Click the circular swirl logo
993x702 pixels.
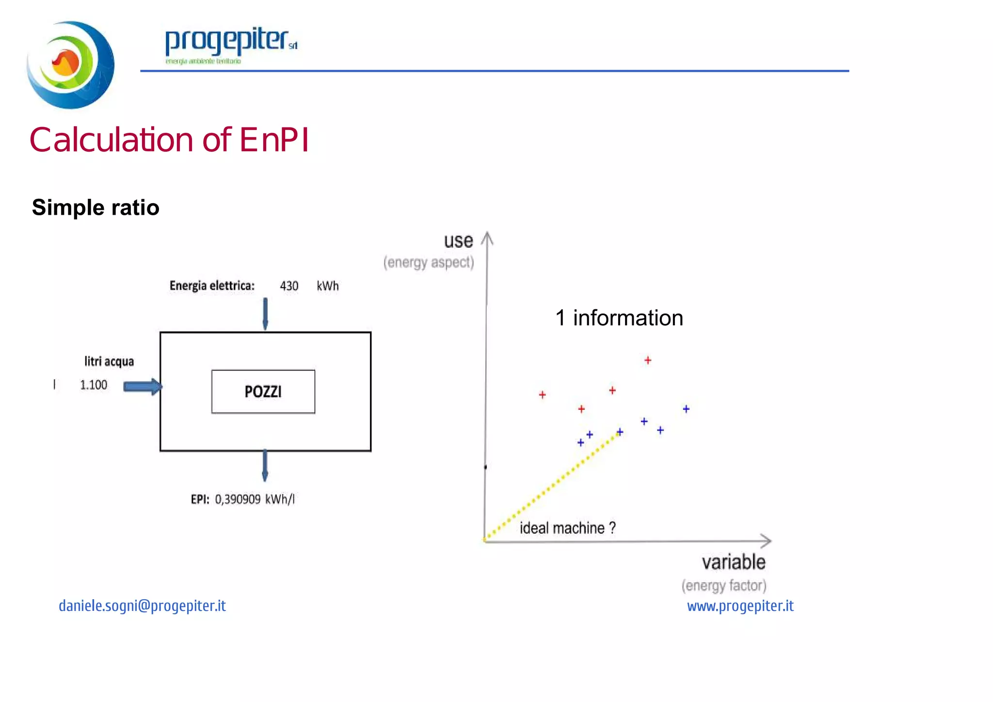click(70, 64)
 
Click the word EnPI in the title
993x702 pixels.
click(274, 140)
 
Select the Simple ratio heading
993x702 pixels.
click(96, 207)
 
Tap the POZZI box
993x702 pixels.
click(263, 392)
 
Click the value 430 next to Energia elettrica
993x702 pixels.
click(289, 286)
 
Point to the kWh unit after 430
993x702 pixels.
click(328, 286)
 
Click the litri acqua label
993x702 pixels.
click(109, 362)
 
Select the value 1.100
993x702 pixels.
click(93, 385)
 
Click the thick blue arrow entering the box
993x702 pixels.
click(142, 386)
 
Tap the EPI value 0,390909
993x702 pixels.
click(238, 499)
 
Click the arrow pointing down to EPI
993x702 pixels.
click(265, 465)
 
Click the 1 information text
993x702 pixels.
click(619, 318)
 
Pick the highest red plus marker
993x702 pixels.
click(648, 360)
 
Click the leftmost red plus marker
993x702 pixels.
click(543, 395)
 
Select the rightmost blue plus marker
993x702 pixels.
click(686, 409)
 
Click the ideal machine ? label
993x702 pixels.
click(567, 528)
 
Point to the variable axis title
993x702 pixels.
click(734, 562)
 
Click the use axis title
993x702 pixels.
click(458, 241)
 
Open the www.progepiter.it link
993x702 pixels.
click(740, 606)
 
